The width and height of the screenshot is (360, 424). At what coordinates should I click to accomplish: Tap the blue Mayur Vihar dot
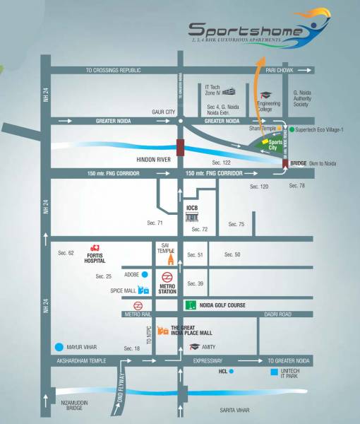[58, 347]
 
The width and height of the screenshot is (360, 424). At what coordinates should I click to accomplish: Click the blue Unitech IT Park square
[274, 370]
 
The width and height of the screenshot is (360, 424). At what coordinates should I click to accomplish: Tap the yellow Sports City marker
[265, 143]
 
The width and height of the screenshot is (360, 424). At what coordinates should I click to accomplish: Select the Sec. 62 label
[66, 252]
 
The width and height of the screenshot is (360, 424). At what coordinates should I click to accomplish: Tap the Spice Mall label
[124, 290]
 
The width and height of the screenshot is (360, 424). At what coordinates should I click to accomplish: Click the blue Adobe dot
[143, 274]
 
